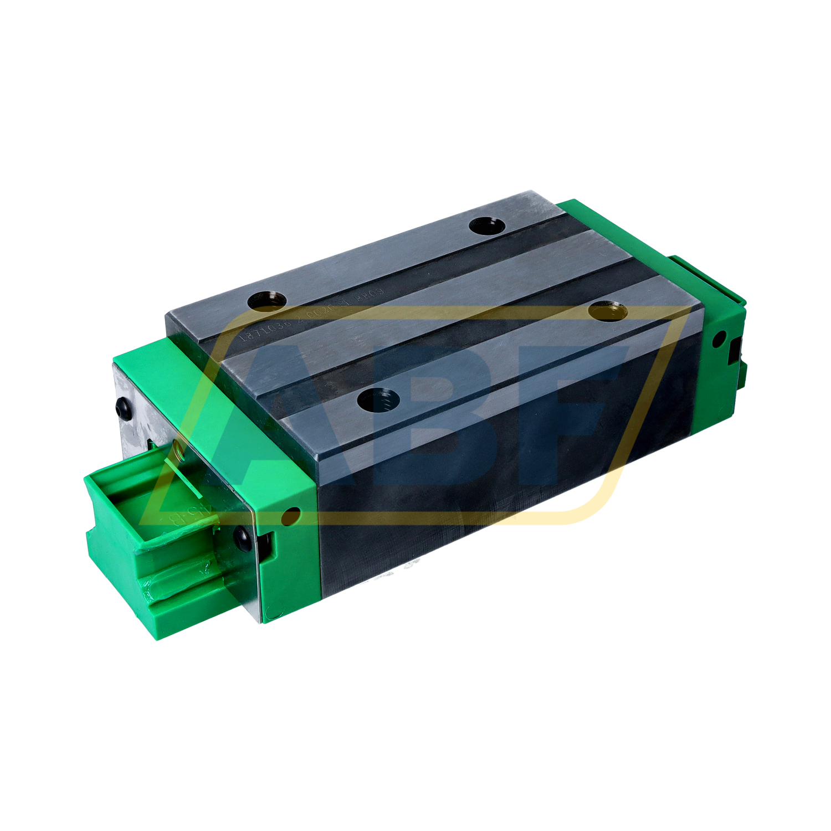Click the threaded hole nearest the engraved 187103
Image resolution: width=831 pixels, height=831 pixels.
(x=267, y=302)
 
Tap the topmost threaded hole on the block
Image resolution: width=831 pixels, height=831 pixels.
(x=487, y=225)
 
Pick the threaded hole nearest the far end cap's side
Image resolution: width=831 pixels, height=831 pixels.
(x=608, y=311)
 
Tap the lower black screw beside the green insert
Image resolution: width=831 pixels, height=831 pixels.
(x=242, y=535)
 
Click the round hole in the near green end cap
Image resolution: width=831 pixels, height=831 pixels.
(x=290, y=516)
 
